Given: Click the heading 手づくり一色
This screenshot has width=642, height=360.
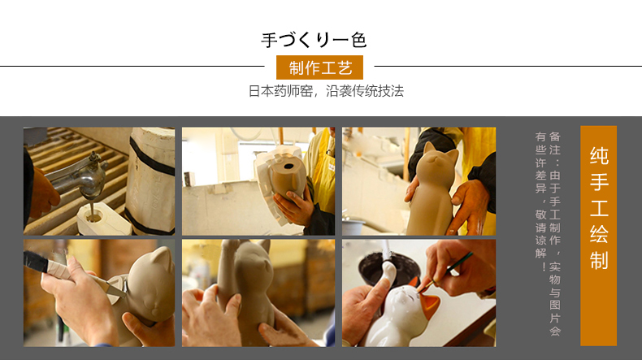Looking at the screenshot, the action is coord(314,40).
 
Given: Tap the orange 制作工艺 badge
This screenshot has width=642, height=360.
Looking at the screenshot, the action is coord(319,67).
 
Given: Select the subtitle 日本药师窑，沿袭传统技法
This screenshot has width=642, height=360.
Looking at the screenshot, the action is coord(326,91).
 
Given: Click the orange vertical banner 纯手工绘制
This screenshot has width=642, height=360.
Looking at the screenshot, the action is coord(598,236).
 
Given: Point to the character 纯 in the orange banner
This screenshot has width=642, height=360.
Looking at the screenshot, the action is coord(599,156).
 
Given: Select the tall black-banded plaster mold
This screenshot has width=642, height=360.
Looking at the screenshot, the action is coord(150,180).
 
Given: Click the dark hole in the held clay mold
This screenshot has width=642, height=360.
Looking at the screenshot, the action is coord(288,167).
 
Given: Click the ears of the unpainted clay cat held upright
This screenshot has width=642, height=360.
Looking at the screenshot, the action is coord(440,150).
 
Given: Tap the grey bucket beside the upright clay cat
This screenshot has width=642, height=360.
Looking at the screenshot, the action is coord(353,227).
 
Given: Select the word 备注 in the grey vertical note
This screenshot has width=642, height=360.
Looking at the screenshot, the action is coord(555,142).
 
